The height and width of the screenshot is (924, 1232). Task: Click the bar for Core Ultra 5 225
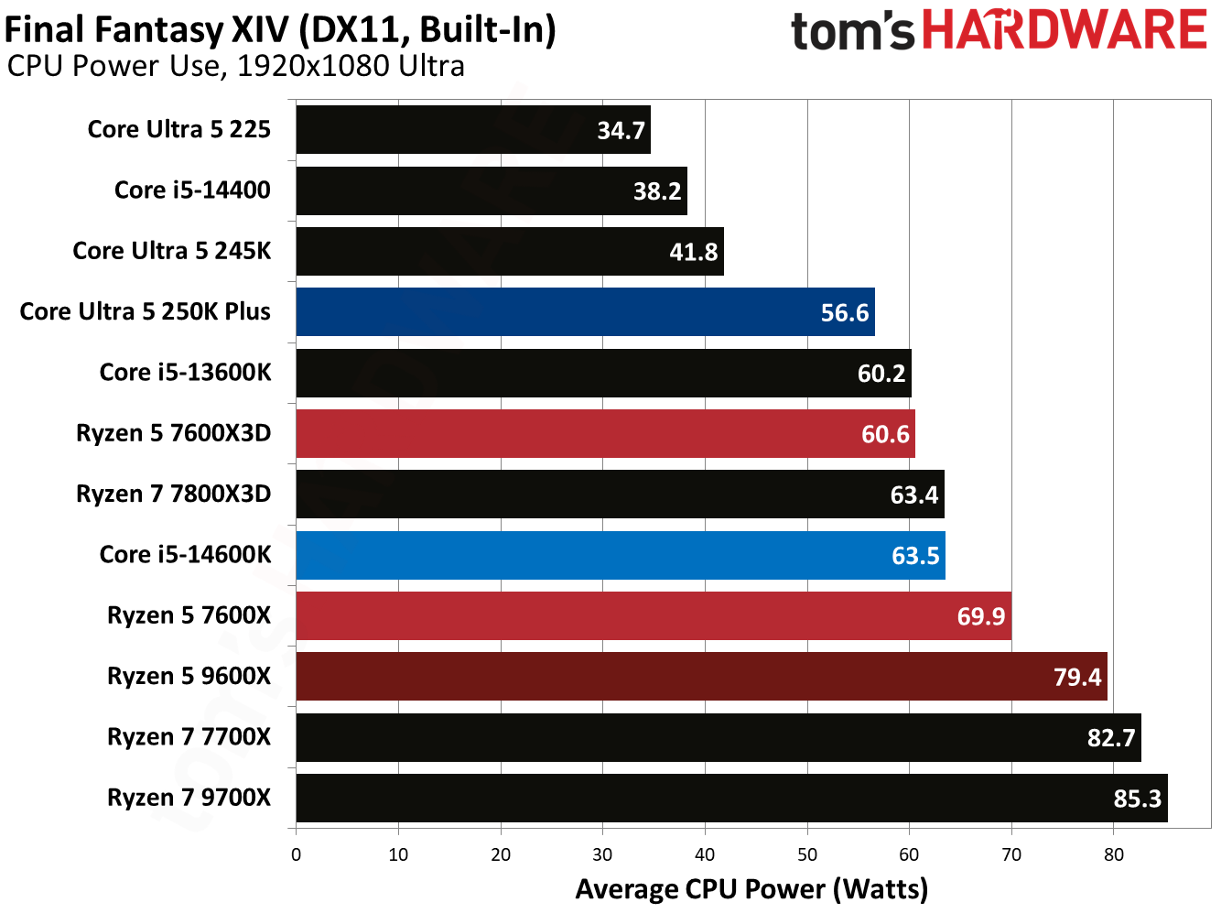pyautogui.click(x=472, y=130)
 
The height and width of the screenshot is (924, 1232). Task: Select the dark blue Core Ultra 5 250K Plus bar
pyautogui.click(x=585, y=312)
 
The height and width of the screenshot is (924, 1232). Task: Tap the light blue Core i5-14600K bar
pyautogui.click(x=620, y=556)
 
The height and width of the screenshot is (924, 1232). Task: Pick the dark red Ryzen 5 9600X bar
pyautogui.click(x=701, y=677)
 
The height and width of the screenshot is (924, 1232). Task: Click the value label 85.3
pyautogui.click(x=1137, y=799)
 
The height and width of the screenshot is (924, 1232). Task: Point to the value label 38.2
pyautogui.click(x=657, y=191)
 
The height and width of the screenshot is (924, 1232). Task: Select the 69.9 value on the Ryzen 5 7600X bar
pyautogui.click(x=980, y=616)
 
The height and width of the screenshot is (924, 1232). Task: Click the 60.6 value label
pyautogui.click(x=885, y=434)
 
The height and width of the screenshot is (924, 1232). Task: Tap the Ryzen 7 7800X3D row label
pyautogui.click(x=173, y=495)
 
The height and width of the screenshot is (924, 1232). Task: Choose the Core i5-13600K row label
pyautogui.click(x=185, y=373)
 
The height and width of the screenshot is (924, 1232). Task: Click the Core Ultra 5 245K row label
pyautogui.click(x=171, y=251)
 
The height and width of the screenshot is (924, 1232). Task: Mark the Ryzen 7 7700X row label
pyautogui.click(x=189, y=737)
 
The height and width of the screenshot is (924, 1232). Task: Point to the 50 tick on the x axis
pyautogui.click(x=807, y=855)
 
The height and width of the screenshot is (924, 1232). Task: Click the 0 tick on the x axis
pyautogui.click(x=296, y=855)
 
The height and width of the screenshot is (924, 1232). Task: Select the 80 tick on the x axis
pyautogui.click(x=1113, y=855)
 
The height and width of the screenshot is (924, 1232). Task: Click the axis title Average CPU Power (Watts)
pyautogui.click(x=751, y=889)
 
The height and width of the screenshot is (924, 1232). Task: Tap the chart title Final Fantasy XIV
pyautogui.click(x=280, y=30)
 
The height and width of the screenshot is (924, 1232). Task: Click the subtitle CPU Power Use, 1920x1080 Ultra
pyautogui.click(x=235, y=67)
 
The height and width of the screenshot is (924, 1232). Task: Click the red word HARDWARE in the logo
pyautogui.click(x=1064, y=30)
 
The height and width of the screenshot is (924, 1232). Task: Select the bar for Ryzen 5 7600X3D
pyautogui.click(x=605, y=434)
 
